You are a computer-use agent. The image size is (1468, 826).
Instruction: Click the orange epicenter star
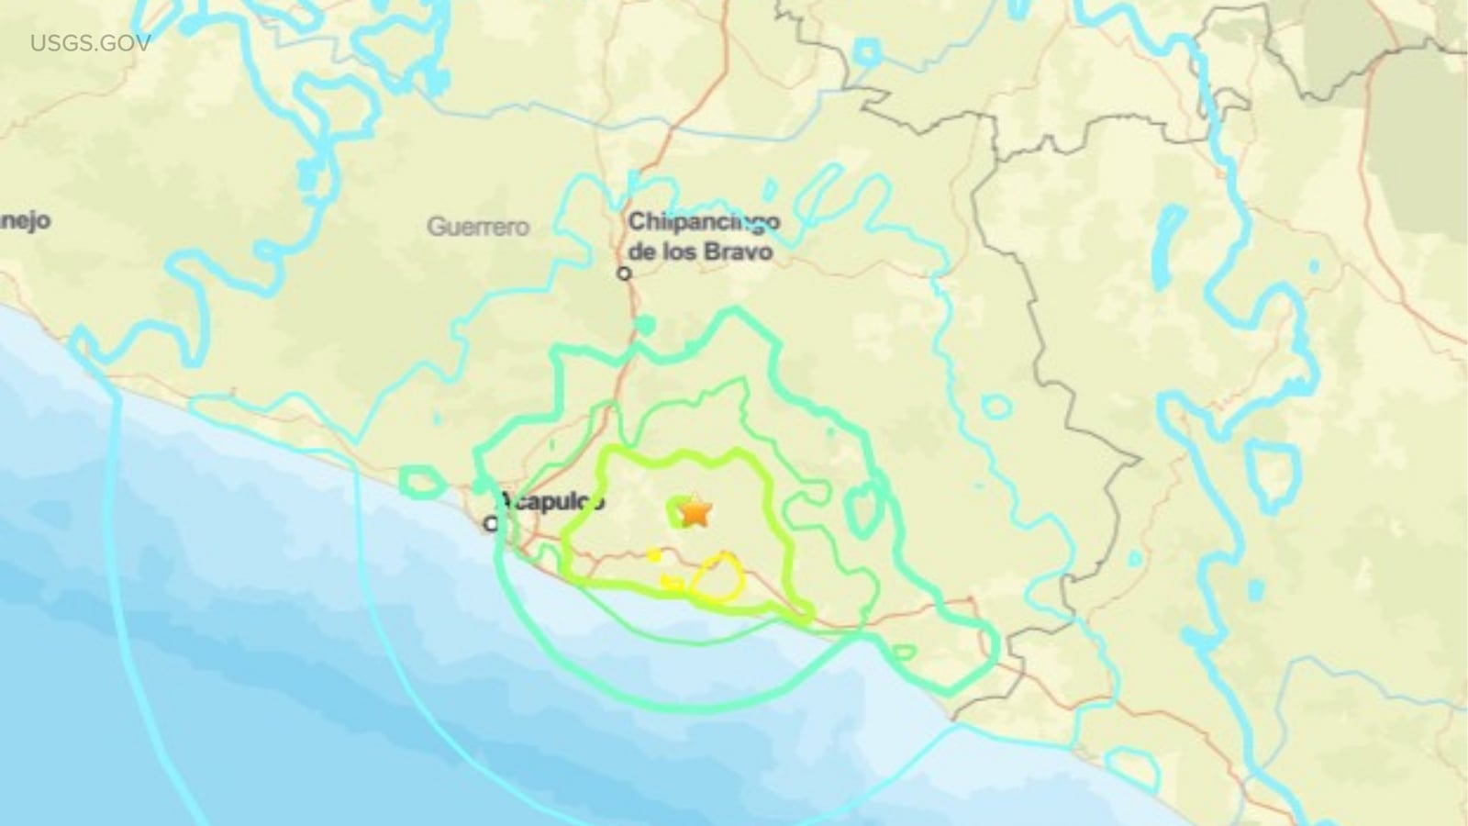[696, 511]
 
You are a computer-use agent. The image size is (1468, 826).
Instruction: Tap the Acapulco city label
[551, 501]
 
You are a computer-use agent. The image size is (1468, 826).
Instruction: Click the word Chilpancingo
[704, 221]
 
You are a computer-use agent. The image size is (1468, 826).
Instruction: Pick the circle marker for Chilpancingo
[625, 273]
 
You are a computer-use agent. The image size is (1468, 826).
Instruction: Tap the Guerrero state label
[477, 227]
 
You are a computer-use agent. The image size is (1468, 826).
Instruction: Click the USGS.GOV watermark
[90, 43]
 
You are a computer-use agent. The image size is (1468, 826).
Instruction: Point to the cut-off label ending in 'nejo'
[25, 221]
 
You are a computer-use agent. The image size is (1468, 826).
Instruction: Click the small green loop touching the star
[683, 511]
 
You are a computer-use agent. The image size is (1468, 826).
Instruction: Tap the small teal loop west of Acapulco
[420, 482]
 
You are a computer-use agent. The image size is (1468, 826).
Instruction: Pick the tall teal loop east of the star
[862, 509]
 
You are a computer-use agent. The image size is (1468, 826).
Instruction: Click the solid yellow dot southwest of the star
[654, 554]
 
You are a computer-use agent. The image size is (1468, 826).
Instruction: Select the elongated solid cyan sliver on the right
[1170, 242]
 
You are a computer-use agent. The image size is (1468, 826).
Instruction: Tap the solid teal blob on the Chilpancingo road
[645, 325]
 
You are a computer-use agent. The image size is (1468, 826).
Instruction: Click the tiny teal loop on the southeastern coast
[903, 652]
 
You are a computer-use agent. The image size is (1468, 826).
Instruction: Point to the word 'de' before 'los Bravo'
[642, 251]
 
